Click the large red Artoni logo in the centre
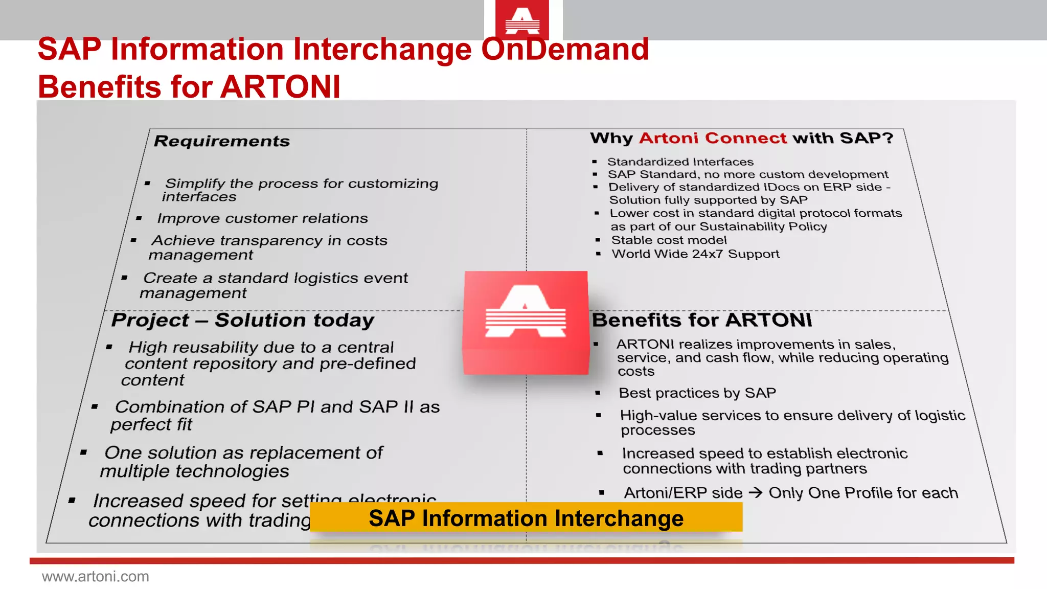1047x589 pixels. coord(526,322)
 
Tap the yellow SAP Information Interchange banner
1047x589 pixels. coord(526,518)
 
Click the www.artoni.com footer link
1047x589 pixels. coord(95,576)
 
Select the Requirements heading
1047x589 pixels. coord(222,141)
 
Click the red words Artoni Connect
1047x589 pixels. coord(713,138)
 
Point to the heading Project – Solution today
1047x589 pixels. coord(243,321)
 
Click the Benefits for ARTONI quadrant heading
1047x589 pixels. coord(702,321)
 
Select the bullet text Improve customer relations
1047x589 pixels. coord(262,218)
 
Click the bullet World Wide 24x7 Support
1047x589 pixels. coord(695,254)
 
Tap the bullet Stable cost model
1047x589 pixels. coord(669,240)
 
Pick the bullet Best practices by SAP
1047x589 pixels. coord(697,393)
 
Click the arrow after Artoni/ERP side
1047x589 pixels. coord(756,493)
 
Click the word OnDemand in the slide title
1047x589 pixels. coord(565,49)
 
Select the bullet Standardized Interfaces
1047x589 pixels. coord(680,162)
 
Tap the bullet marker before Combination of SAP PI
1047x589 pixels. coord(95,407)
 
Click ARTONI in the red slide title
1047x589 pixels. coord(281,86)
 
